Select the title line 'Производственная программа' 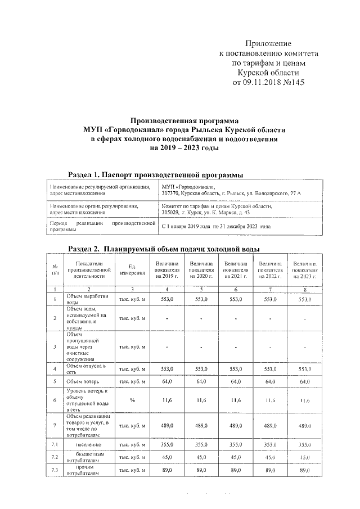(x=184, y=120)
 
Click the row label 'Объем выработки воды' (x=87, y=299)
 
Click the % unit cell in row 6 (x=133, y=400)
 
